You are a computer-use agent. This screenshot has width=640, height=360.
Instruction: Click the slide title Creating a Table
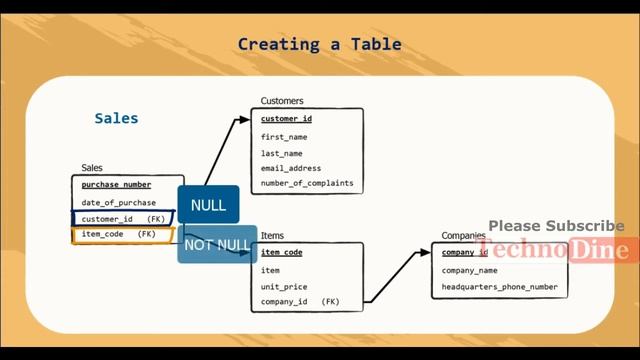point(319,44)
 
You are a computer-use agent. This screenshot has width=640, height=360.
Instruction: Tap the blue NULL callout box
point(208,205)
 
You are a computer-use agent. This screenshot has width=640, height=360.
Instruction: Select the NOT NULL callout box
point(217,244)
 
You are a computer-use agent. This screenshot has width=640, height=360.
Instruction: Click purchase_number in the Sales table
point(116,185)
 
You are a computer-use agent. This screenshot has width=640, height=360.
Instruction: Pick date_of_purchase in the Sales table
point(119,202)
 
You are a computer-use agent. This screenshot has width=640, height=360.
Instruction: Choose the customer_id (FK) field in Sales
point(123,218)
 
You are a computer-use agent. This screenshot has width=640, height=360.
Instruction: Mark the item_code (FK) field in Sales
point(119,234)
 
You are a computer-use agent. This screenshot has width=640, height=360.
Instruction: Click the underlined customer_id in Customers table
point(287,119)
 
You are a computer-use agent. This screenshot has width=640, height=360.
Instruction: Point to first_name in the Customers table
point(284,136)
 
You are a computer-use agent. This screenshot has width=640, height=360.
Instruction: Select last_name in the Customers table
point(282,153)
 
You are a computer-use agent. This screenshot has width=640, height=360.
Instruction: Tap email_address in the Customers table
point(291,168)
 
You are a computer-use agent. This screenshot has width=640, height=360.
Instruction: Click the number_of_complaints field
point(307,184)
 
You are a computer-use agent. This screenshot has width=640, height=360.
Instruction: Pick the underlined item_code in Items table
point(282,253)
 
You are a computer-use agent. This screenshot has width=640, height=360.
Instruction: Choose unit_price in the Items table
point(284,286)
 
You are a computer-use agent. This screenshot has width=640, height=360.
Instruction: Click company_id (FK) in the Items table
point(300,301)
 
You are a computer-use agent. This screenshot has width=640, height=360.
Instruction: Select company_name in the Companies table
point(470,270)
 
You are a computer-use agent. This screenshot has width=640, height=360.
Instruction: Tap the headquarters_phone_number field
point(500,287)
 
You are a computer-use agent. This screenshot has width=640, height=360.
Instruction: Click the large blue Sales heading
point(116,118)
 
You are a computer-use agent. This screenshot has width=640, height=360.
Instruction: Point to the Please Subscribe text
point(556,226)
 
